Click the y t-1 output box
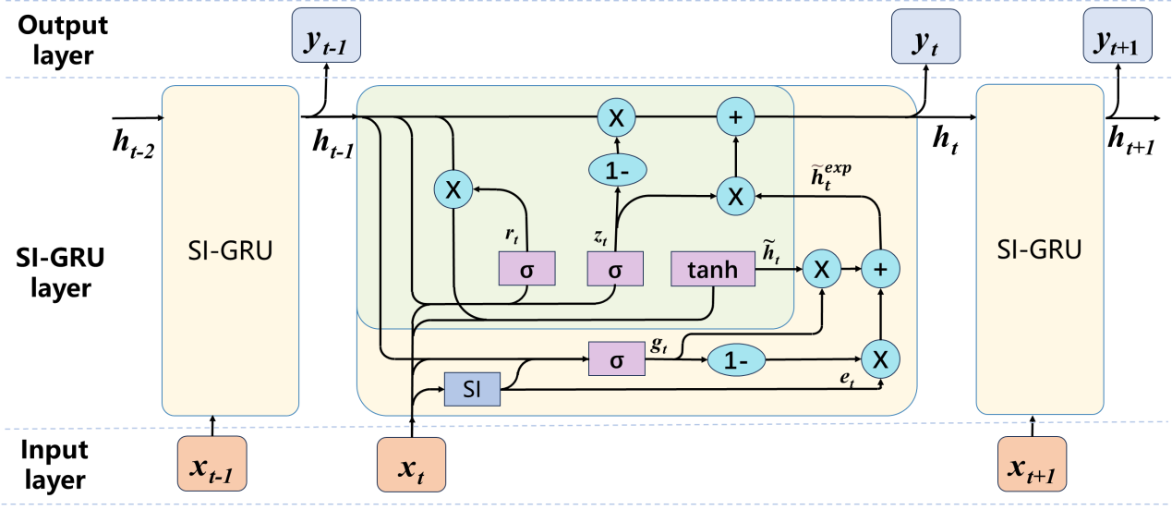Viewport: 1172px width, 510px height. (x=325, y=37)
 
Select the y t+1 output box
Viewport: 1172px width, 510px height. (x=1118, y=37)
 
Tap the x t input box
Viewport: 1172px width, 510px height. (x=411, y=464)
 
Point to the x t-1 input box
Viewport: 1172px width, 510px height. (x=211, y=464)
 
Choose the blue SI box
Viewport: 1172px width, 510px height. (x=471, y=389)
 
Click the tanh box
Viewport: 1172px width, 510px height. (x=713, y=269)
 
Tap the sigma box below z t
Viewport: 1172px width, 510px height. (x=615, y=269)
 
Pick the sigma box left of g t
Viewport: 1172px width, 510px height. (x=616, y=358)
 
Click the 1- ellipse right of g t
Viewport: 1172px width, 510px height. (x=737, y=359)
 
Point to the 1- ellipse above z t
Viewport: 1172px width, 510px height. (x=617, y=169)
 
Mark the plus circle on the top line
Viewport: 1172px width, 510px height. (x=736, y=116)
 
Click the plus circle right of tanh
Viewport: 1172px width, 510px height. (x=880, y=269)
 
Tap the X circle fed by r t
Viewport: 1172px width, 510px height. (x=453, y=190)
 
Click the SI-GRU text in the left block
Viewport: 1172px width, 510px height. (x=230, y=250)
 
